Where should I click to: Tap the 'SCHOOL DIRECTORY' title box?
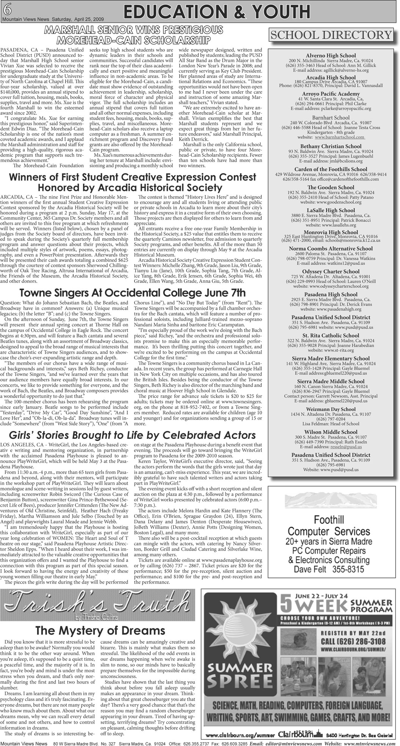coord(331,35)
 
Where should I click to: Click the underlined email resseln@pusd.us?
coord(346,447)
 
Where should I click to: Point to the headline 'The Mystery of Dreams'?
coord(100,631)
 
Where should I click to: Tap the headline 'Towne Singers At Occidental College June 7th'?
coord(133,293)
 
